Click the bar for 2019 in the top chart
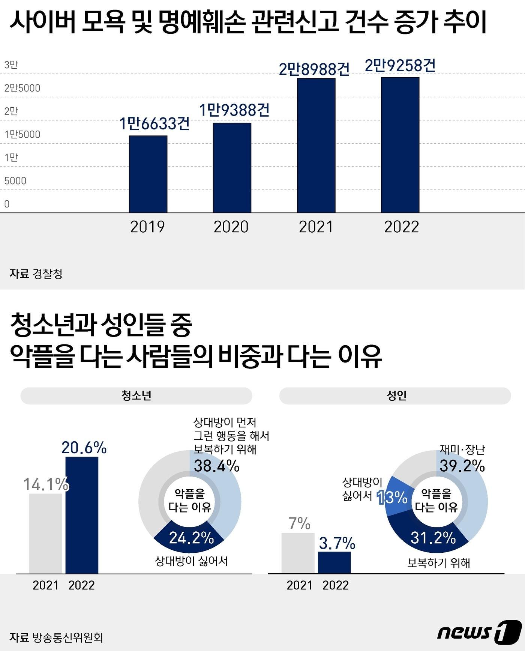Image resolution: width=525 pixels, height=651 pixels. click(x=148, y=174)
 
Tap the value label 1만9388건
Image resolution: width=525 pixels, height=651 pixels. click(x=234, y=110)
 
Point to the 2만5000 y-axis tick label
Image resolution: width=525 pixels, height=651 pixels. click(x=22, y=88)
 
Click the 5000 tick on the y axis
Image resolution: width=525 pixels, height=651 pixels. click(x=15, y=181)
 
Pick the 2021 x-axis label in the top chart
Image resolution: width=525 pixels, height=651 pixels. click(x=316, y=227)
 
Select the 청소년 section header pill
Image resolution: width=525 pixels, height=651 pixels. click(x=136, y=396)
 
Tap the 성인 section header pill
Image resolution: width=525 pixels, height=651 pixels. click(x=395, y=396)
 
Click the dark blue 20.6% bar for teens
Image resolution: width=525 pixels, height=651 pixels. click(x=82, y=515)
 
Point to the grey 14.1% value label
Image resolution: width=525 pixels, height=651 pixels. click(x=46, y=484)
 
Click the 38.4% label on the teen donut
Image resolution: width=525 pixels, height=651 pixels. click(x=216, y=466)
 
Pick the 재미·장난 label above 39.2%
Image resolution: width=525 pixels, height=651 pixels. click(x=462, y=450)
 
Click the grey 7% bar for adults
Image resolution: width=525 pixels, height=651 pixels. click(x=298, y=553)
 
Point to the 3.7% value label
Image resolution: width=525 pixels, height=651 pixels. click(x=337, y=543)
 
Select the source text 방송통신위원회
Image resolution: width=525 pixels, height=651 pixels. click(x=68, y=637)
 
